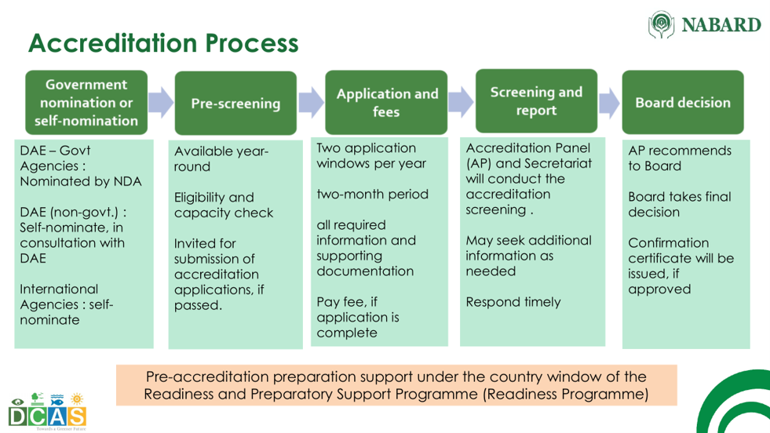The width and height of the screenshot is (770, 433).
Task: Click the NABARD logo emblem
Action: coord(661,24)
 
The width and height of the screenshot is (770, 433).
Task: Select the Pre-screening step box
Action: coord(235,103)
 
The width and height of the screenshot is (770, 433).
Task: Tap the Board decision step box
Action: coord(683,102)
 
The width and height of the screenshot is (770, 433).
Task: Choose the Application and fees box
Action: coord(386,102)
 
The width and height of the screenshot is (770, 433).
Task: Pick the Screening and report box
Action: coord(536,100)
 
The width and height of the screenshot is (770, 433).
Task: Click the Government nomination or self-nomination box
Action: coord(86,102)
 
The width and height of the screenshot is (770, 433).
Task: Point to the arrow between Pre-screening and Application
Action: coord(311,102)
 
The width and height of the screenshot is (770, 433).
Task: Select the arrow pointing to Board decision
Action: coord(609,103)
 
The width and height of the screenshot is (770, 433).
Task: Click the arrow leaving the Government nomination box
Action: coord(161,102)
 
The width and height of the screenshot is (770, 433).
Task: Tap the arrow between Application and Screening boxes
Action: coord(461,102)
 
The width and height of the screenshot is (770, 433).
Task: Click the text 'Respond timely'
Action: coord(513,302)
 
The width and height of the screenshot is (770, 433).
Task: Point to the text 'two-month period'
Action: coord(372,195)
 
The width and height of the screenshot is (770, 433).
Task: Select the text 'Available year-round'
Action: coord(221,158)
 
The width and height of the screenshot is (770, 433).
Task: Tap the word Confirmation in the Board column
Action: coord(668,243)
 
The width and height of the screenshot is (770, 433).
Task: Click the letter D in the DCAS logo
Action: coord(18,417)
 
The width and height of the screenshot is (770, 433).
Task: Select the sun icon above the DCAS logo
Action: coord(77,398)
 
